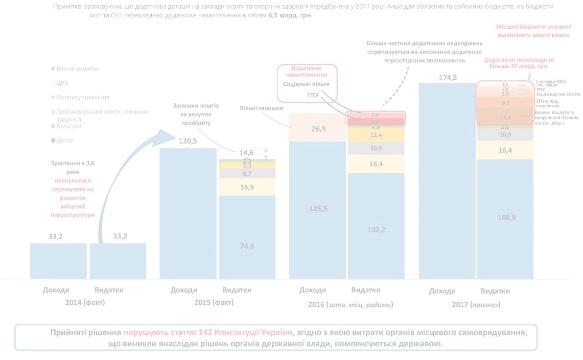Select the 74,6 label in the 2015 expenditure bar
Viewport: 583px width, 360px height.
[247, 246]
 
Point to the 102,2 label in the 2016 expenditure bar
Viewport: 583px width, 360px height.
[376, 230]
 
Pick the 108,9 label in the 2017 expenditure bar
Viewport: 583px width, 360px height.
[504, 218]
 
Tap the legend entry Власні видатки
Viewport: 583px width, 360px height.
[77, 68]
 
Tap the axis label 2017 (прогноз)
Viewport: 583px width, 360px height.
[476, 305]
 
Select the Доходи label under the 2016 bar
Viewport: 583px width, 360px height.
[312, 290]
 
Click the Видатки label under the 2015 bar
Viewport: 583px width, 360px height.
[238, 290]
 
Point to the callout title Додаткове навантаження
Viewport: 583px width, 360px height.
[307, 71]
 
